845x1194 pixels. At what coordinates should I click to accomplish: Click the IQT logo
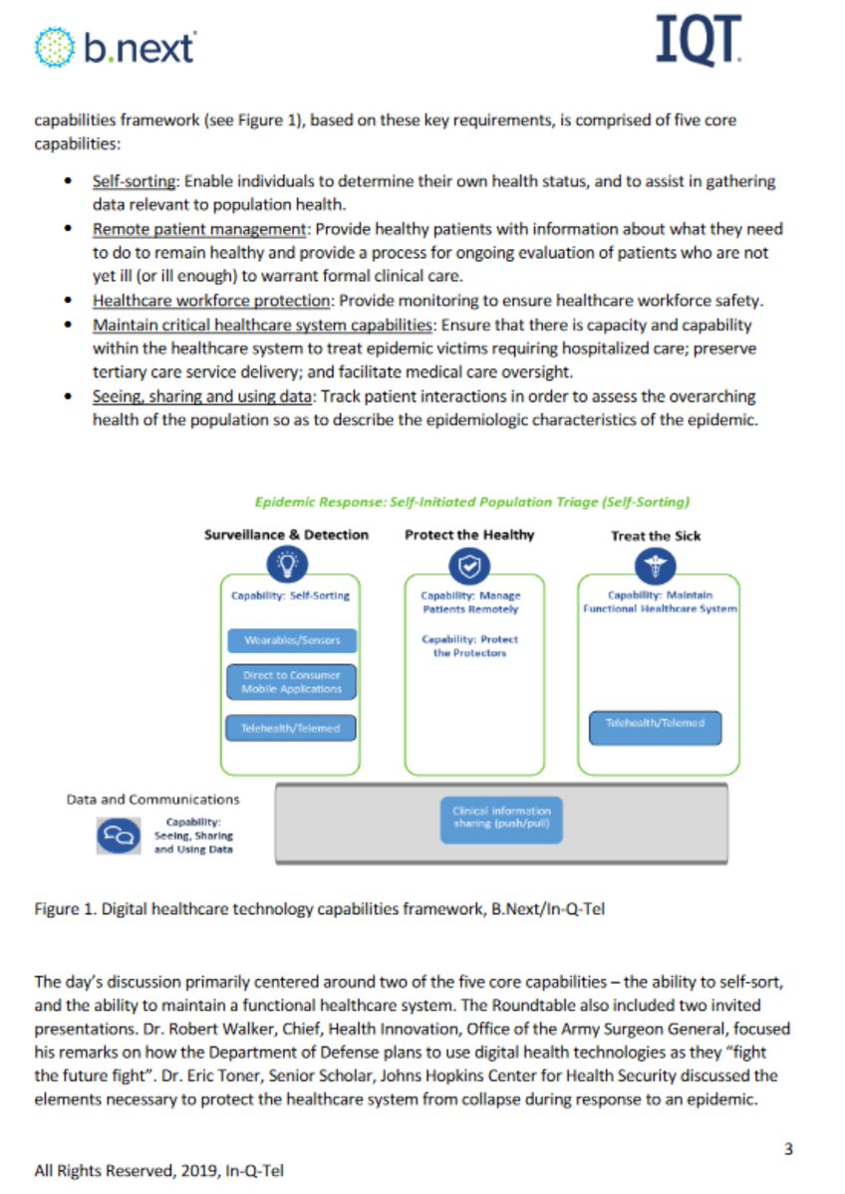tap(700, 41)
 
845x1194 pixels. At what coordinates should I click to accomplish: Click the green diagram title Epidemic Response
tap(471, 502)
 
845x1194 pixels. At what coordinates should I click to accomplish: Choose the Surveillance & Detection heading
tap(286, 535)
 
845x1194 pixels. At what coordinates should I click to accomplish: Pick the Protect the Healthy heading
tap(468, 535)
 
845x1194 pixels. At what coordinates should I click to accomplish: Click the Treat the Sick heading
tap(655, 536)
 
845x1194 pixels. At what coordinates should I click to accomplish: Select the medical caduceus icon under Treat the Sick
tap(655, 566)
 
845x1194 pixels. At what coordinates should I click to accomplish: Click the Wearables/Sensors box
tap(291, 640)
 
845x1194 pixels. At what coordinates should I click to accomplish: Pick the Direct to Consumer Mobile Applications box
tap(291, 682)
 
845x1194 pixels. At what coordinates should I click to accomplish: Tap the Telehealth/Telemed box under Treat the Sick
tap(655, 724)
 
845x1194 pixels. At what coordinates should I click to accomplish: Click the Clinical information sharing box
tap(500, 819)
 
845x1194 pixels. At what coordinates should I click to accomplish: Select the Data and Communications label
tap(152, 799)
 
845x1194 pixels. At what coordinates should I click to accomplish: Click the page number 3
tap(788, 1149)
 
